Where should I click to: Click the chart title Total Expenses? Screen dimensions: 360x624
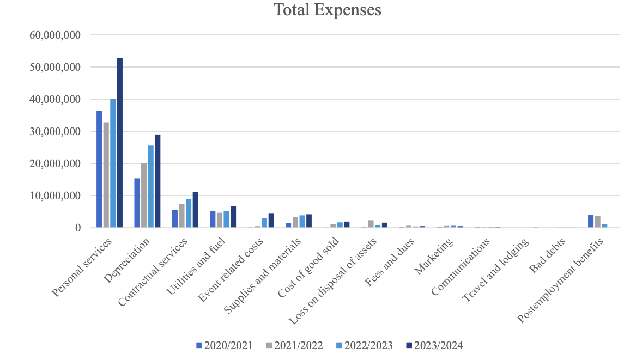pyautogui.click(x=327, y=10)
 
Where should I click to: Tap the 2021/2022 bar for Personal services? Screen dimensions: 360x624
pyautogui.click(x=106, y=175)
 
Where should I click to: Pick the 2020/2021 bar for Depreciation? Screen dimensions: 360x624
pyautogui.click(x=137, y=203)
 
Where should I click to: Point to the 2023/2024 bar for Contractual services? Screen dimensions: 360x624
pyautogui.click(x=195, y=210)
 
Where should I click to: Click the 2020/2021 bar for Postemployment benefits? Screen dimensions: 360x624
pyautogui.click(x=591, y=221)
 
